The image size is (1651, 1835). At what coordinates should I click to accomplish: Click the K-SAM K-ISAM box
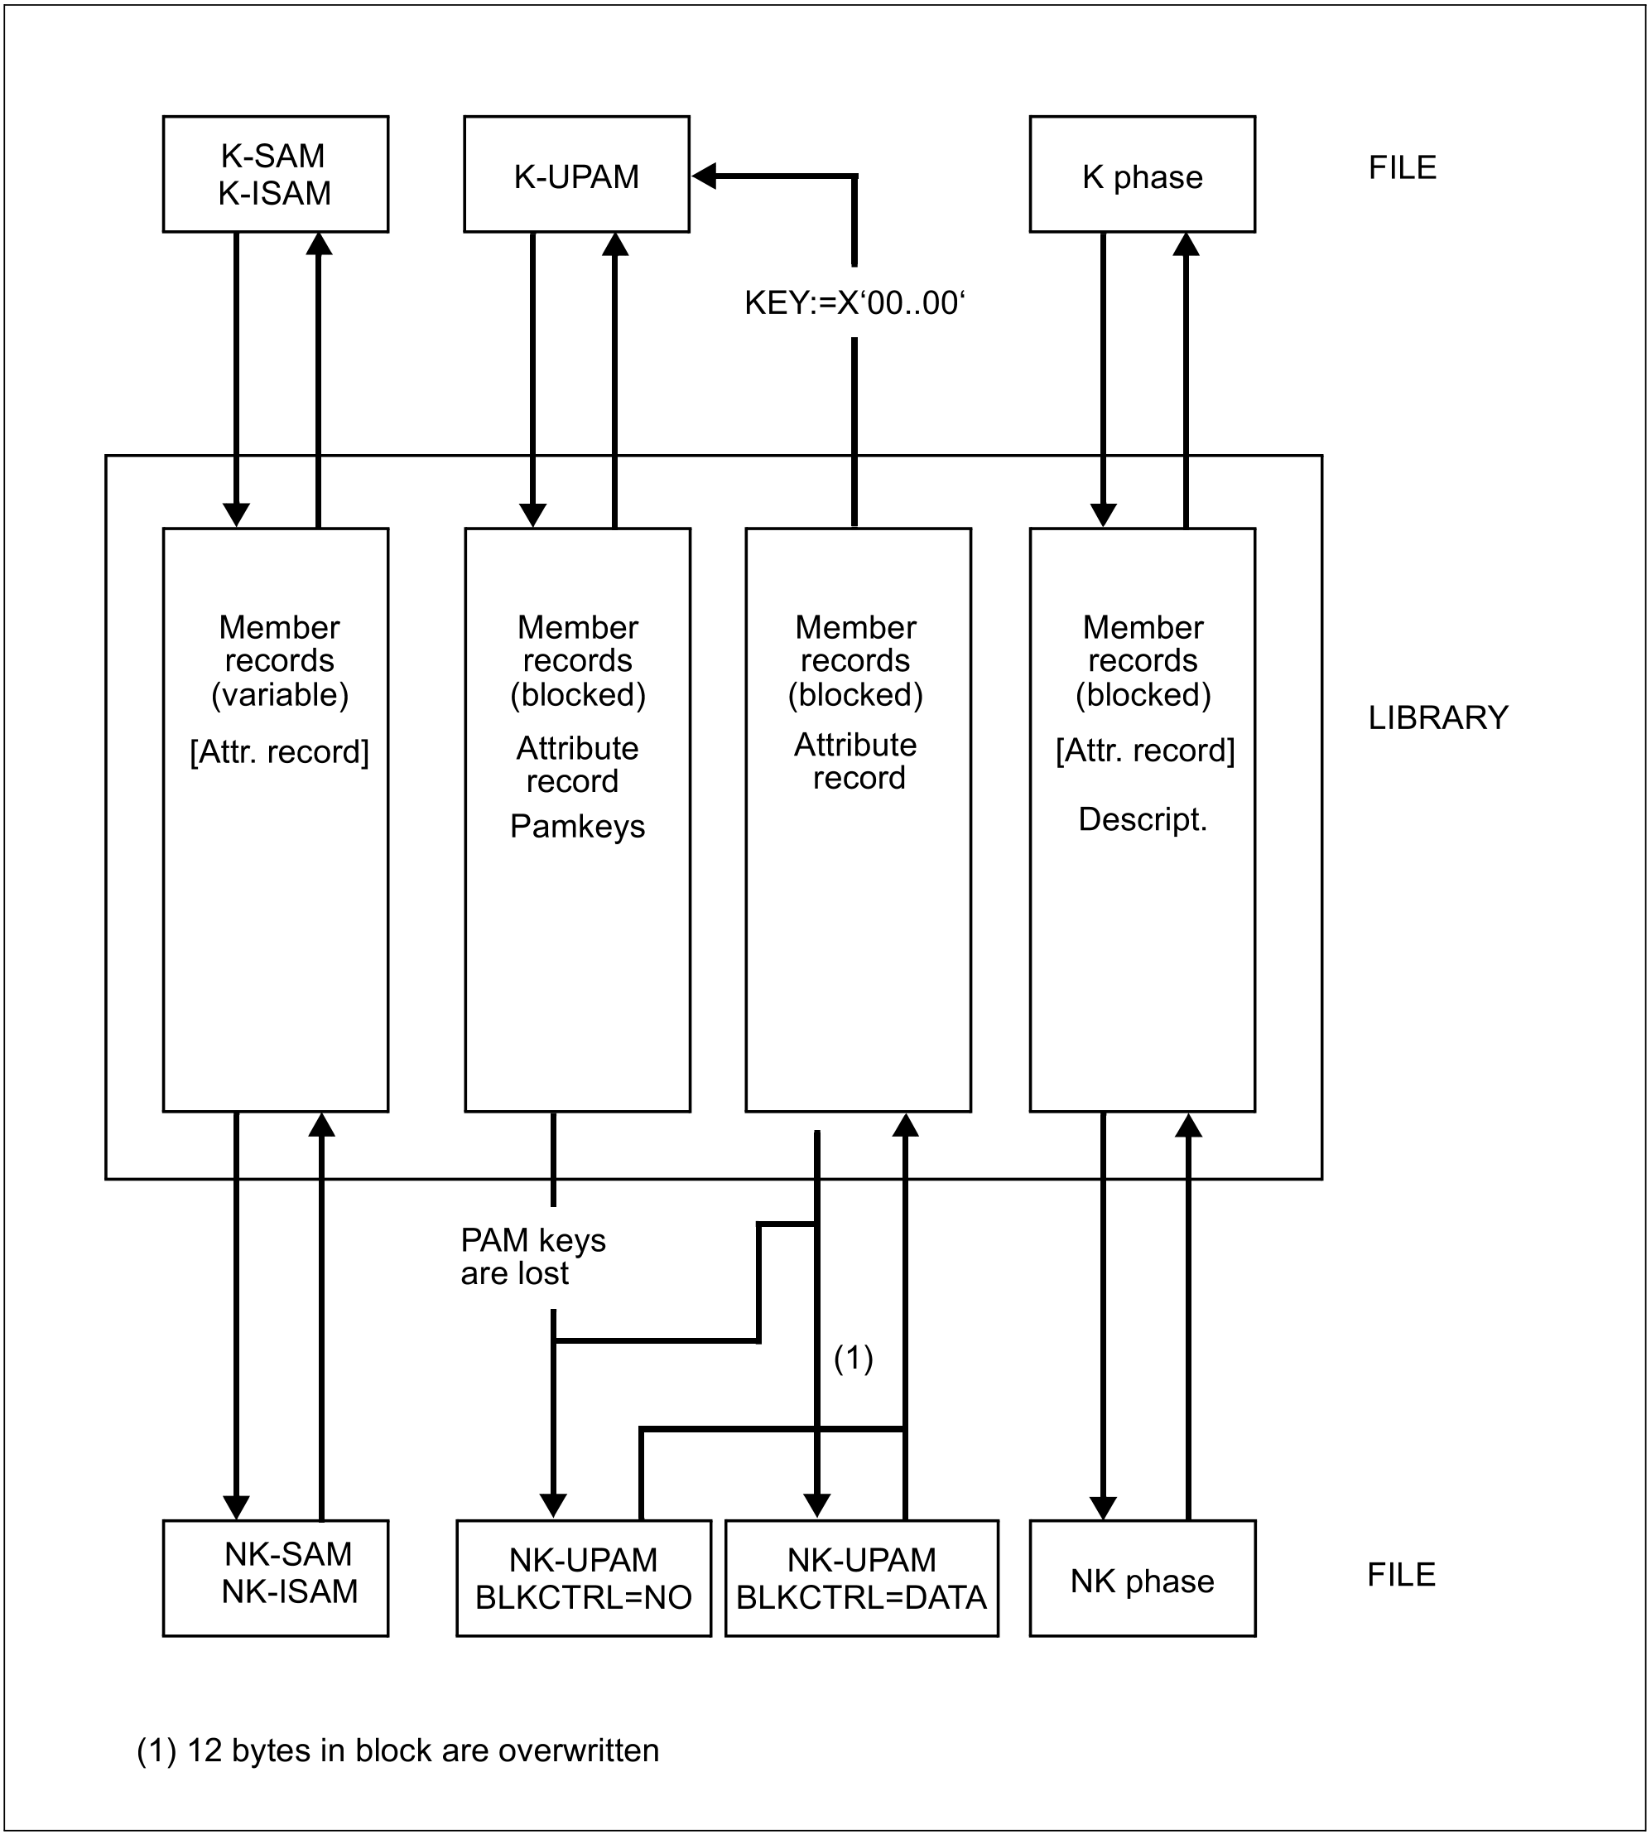[x=276, y=174]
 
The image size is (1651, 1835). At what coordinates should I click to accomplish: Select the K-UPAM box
[x=576, y=174]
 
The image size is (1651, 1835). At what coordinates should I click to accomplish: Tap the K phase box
[x=1142, y=174]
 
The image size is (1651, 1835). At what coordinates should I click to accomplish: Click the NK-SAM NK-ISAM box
[x=276, y=1578]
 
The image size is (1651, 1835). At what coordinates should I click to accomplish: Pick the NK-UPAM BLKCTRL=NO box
[x=583, y=1578]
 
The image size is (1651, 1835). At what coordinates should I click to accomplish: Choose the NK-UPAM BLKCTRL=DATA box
[x=862, y=1578]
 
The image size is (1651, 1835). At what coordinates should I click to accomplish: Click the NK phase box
[x=1142, y=1578]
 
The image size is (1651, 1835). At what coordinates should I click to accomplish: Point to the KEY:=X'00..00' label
[x=854, y=303]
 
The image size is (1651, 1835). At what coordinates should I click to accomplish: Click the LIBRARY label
[x=1438, y=718]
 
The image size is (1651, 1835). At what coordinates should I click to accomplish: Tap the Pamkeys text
[x=578, y=826]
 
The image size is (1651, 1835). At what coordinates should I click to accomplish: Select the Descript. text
[x=1143, y=819]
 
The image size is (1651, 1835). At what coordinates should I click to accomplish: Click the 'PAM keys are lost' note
[x=532, y=1257]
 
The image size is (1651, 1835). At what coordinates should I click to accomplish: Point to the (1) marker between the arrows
[x=854, y=1359]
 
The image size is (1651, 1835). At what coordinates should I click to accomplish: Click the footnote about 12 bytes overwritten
[x=398, y=1750]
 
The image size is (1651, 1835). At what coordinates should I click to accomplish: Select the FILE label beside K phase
[x=1403, y=168]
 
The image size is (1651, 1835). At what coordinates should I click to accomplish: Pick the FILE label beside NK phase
[x=1402, y=1575]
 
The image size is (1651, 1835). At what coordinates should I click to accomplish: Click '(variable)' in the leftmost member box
[x=279, y=695]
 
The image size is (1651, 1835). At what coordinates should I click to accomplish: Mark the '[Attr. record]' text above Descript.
[x=1145, y=751]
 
